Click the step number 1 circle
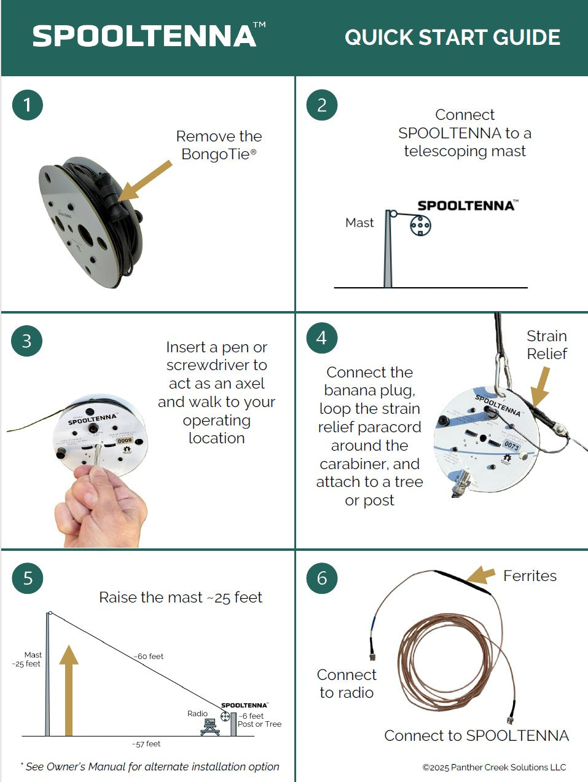27,105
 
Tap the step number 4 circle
321,338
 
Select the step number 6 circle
321,578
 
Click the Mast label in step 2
359,223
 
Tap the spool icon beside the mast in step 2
420,226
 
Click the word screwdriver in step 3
216,365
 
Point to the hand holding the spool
101,504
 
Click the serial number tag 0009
125,440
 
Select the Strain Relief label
546,345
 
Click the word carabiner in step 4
369,464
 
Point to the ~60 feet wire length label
149,657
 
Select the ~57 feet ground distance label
146,744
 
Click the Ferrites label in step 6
530,576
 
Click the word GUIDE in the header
522,37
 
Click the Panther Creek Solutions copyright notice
494,767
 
